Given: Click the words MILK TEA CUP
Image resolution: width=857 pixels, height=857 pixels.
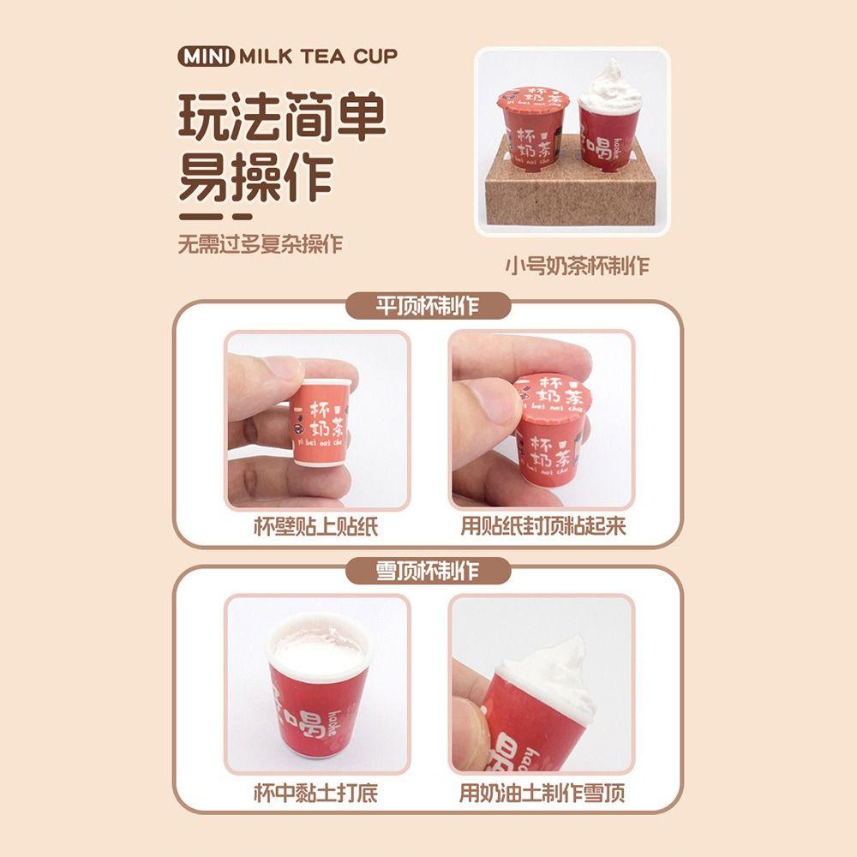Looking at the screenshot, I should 319,57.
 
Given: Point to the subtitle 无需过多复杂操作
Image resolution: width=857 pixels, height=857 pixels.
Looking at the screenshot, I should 260,243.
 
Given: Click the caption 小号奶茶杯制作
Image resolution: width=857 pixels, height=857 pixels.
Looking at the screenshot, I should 576,266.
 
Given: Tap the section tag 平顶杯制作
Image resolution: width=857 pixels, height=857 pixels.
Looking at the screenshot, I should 428,306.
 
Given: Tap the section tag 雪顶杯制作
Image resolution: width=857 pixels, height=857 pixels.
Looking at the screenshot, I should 428,570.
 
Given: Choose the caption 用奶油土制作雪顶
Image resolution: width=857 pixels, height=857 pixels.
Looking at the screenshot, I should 542,793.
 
